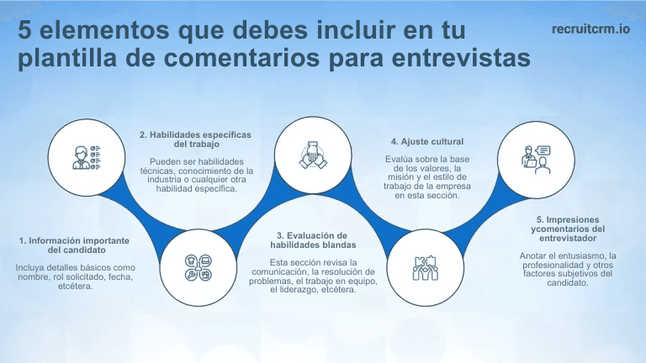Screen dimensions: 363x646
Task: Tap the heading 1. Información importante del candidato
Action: point(74,245)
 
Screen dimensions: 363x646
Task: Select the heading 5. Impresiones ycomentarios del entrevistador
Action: point(569,228)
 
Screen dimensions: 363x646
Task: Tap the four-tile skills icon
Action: point(197,266)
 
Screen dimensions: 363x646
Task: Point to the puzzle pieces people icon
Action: point(422,266)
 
